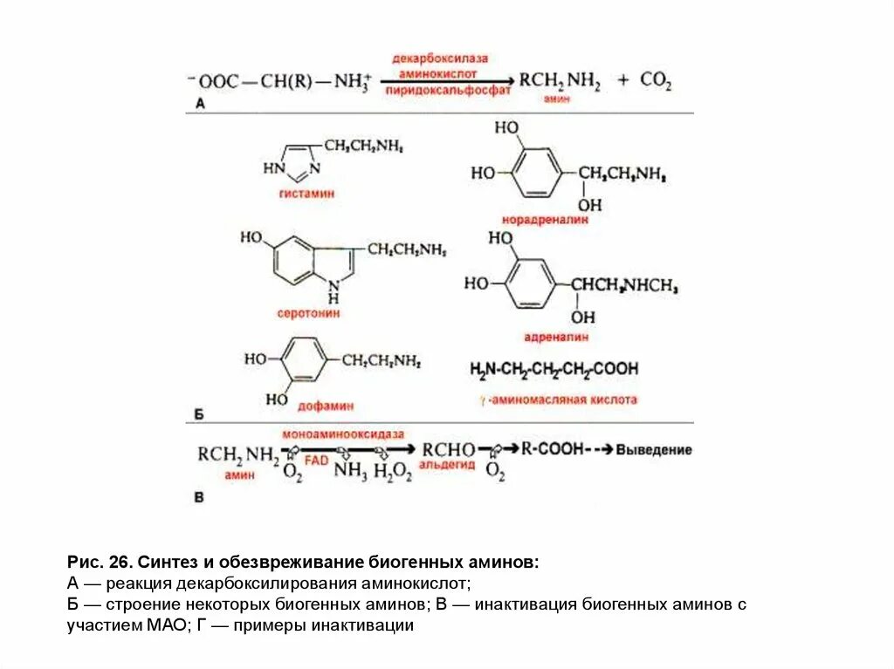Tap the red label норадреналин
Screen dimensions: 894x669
point(544,220)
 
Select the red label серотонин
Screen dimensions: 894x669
point(312,312)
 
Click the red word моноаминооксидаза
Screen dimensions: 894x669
point(343,433)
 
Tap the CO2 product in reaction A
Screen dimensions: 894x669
point(656,80)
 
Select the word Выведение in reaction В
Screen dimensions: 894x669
point(654,450)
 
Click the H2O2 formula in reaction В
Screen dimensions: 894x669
point(392,472)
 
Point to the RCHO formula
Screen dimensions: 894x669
point(448,449)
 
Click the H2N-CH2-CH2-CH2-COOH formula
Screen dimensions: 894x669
point(554,369)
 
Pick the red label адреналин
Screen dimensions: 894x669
point(557,335)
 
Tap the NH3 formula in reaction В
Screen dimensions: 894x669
point(350,472)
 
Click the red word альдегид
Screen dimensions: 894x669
point(448,465)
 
